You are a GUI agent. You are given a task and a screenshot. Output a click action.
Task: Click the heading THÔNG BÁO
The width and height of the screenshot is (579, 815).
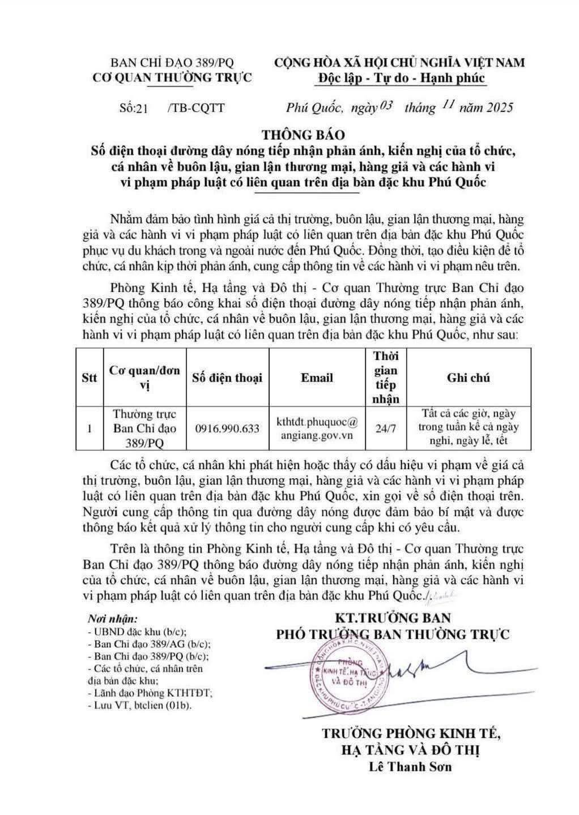[303, 135]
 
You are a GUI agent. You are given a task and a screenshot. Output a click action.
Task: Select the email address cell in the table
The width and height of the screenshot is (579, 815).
[317, 428]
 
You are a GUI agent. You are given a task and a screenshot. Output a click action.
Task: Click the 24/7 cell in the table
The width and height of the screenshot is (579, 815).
[386, 428]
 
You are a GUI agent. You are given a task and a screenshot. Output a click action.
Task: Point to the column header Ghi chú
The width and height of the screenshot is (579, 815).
[468, 378]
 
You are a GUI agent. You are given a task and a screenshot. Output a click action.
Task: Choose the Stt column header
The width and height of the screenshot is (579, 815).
[90, 378]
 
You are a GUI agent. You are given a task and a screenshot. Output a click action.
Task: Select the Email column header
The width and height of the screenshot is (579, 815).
[317, 378]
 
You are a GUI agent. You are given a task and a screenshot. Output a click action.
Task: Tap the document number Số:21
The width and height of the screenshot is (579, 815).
[134, 108]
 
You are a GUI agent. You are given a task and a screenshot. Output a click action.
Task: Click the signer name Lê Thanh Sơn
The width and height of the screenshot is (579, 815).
[410, 767]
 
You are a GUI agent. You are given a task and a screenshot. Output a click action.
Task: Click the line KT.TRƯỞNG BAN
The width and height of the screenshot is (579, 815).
[393, 617]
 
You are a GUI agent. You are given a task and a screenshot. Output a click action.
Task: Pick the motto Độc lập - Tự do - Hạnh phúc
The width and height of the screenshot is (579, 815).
[399, 78]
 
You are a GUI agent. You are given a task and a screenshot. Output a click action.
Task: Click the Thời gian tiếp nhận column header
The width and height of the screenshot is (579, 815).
[386, 378]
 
